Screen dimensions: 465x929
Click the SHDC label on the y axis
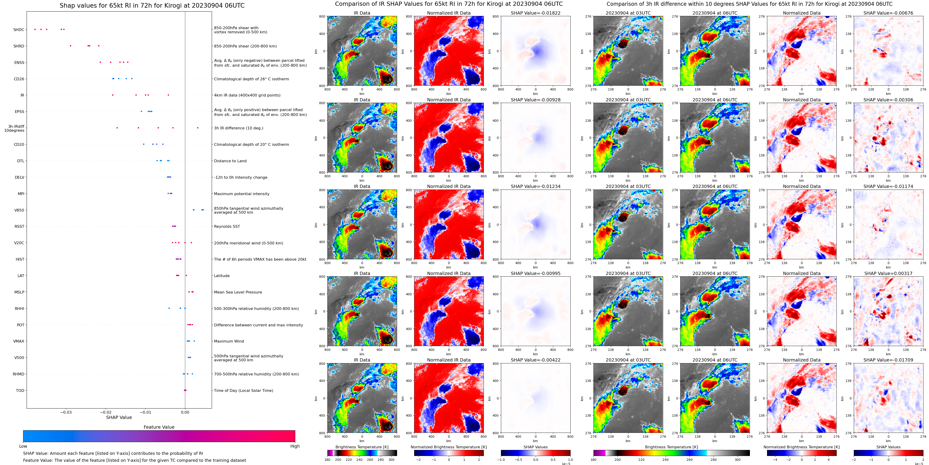tap(19, 30)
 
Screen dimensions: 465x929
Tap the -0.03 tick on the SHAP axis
tap(66, 412)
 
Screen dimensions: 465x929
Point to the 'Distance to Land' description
tap(230, 161)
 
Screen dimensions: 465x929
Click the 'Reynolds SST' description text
tap(227, 227)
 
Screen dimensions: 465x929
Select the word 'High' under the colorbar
tap(295, 446)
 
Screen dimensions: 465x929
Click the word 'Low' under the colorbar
tap(23, 446)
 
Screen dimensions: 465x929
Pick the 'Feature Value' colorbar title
tap(159, 427)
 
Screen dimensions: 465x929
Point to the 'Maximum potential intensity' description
tap(242, 194)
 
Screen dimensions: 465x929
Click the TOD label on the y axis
tap(20, 390)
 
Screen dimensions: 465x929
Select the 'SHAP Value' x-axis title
tap(119, 417)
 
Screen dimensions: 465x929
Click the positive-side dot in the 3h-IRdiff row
tap(198, 128)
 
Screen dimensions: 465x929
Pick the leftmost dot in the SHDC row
tap(35, 29)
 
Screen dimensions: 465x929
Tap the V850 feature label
tap(19, 210)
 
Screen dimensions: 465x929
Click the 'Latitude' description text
tap(222, 276)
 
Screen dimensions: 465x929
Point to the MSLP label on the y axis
tap(19, 292)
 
